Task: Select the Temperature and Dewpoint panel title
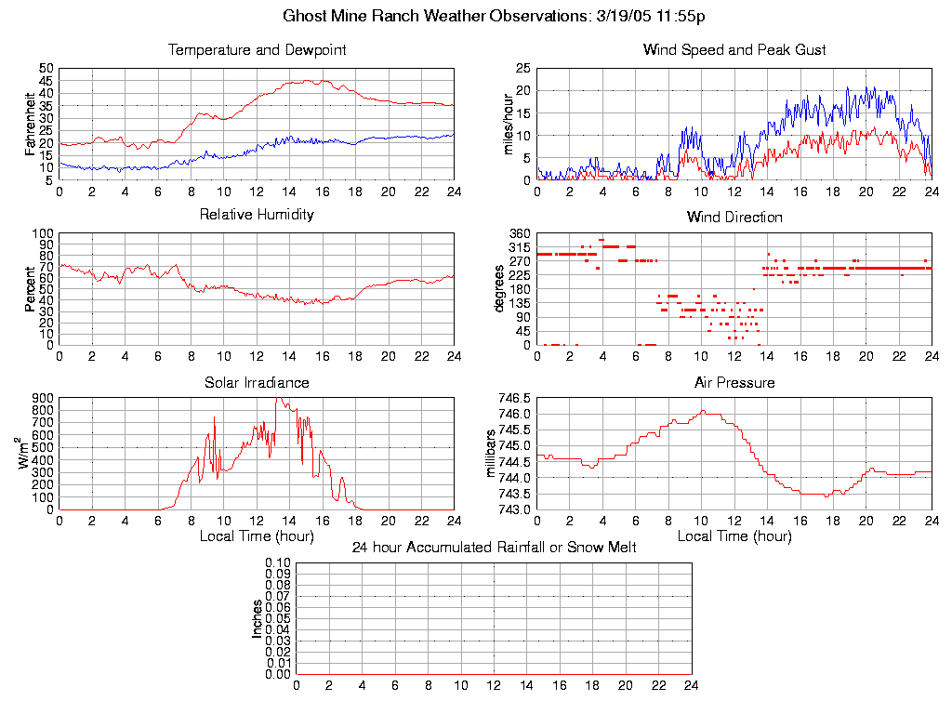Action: [257, 49]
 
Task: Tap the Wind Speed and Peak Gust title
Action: [734, 49]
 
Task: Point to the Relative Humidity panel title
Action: [257, 215]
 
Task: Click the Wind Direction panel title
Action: [734, 217]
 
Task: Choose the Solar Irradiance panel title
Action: [257, 382]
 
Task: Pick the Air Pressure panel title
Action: [734, 382]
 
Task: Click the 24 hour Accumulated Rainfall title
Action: [494, 548]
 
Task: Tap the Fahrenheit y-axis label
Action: [31, 124]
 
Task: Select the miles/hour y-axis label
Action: [509, 124]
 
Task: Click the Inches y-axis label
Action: [258, 619]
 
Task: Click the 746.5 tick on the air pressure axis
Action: [514, 398]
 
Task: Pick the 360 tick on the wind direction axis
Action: [520, 233]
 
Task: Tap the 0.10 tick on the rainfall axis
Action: [278, 563]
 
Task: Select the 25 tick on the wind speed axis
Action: [522, 68]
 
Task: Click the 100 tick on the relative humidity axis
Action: [44, 233]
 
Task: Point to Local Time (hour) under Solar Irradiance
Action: [257, 536]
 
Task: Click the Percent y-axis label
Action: [31, 289]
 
